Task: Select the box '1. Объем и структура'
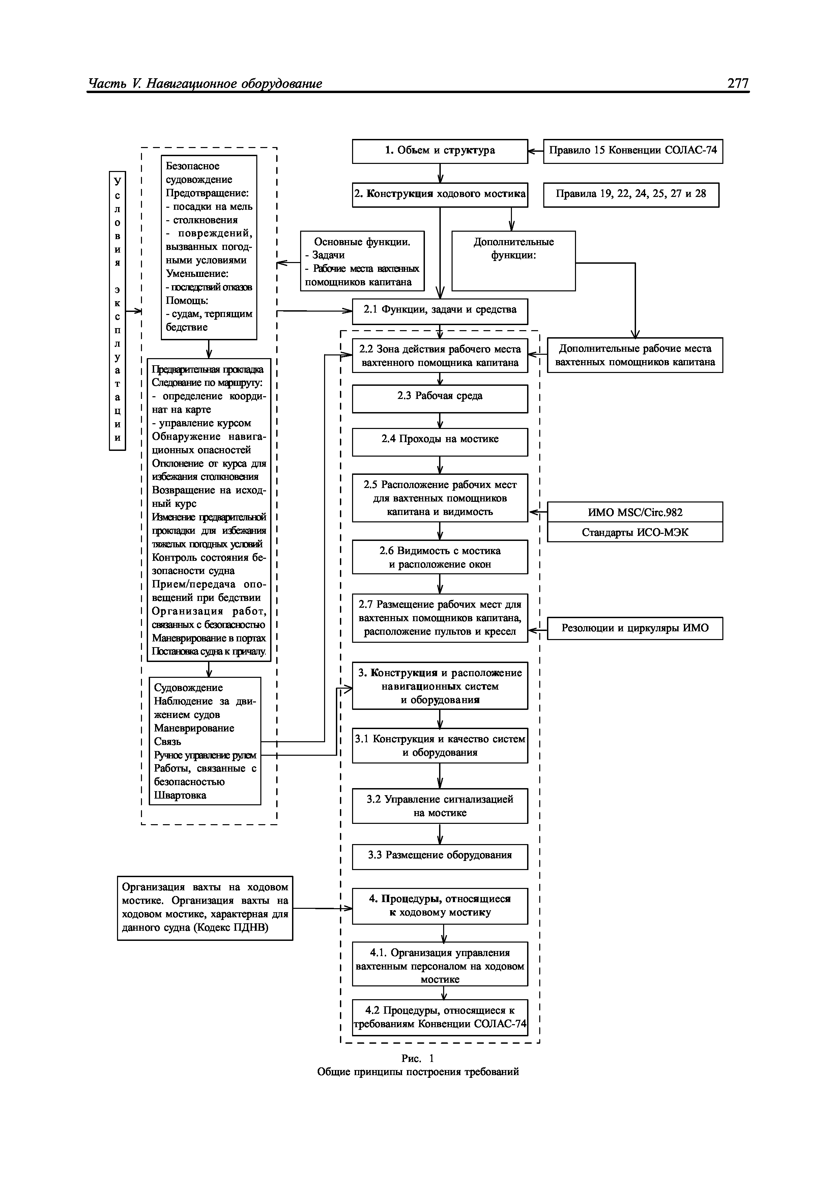pos(440,151)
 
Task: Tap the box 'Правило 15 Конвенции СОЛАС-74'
pos(633,151)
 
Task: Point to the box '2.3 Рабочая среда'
pos(440,398)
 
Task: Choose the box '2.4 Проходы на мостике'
pos(440,441)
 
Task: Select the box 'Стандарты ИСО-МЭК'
pos(635,532)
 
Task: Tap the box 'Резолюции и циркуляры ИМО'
pos(635,628)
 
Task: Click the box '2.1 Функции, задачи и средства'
pos(440,311)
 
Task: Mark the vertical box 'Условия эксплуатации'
pos(117,311)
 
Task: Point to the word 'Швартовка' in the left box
pos(180,795)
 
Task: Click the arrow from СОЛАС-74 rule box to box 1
pos(536,151)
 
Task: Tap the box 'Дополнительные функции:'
pos(514,261)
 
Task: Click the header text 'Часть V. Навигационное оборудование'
pos(205,84)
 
